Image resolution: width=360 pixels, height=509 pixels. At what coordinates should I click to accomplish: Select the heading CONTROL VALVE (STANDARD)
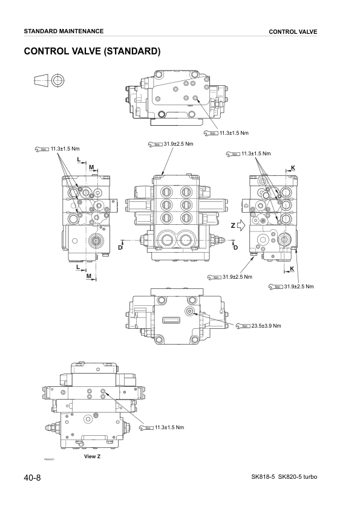tap(91, 51)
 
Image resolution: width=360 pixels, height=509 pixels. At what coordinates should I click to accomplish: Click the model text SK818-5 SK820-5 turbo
tap(284, 478)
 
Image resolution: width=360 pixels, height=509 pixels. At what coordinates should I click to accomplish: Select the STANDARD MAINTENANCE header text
tap(63, 31)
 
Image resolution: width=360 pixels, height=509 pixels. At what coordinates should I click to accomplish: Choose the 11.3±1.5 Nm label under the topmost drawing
tap(233, 132)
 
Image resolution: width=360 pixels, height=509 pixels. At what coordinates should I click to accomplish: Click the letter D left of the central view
tap(120, 248)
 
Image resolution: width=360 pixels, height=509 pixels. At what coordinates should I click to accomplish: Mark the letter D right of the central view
tap(235, 248)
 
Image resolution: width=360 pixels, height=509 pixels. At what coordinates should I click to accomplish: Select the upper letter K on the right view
tap(293, 167)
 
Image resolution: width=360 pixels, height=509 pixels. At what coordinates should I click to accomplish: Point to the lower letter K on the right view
tap(292, 268)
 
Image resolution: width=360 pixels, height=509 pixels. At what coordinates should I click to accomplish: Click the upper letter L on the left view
tap(79, 159)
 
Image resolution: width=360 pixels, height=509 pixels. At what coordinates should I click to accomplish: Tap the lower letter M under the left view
tap(89, 276)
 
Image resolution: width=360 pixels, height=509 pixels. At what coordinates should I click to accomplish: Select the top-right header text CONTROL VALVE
tap(293, 31)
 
